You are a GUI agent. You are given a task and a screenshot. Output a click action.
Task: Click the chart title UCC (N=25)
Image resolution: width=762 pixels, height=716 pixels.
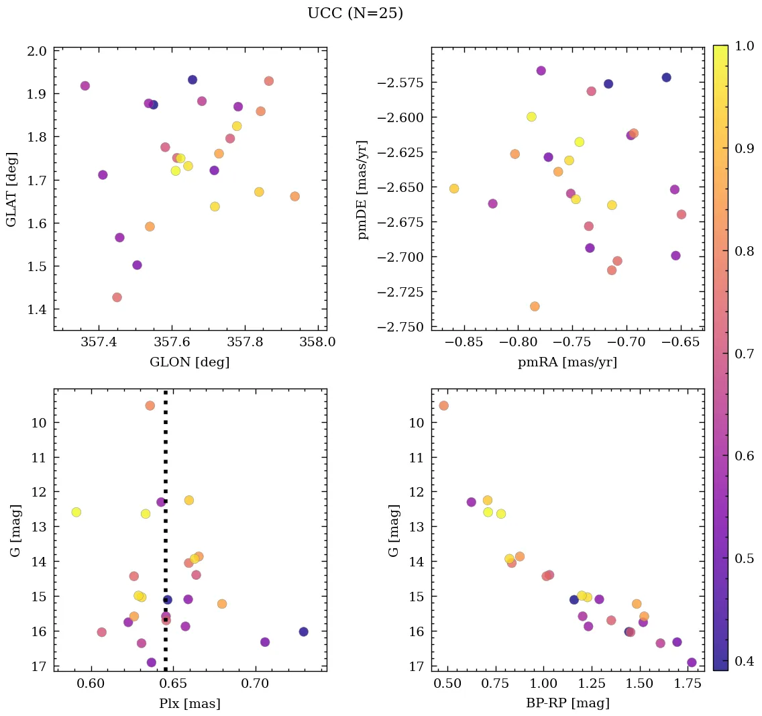point(355,13)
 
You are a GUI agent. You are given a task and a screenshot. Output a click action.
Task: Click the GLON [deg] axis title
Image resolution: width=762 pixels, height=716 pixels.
point(190,362)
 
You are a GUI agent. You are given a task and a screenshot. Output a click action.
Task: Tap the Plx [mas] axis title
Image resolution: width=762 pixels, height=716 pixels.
point(190,704)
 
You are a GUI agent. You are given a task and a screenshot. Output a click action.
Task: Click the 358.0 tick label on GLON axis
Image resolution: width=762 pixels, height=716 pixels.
point(317,343)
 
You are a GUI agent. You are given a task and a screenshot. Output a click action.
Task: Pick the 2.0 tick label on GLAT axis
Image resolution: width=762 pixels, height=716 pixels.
point(38,51)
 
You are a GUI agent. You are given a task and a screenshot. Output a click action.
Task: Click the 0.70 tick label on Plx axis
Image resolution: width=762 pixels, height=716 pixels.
point(256,684)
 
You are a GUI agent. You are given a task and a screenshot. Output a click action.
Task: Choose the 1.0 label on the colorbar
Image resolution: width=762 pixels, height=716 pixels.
point(745,46)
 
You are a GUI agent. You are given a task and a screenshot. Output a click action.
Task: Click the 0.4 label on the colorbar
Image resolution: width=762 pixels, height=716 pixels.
point(745,662)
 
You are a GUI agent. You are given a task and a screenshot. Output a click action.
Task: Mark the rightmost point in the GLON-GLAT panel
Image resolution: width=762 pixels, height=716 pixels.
point(294,197)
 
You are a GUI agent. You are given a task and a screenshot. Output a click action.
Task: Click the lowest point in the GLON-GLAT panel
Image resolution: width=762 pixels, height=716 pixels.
point(117,297)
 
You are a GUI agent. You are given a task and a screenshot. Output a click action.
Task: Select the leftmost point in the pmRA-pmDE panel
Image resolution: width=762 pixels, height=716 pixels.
point(454,189)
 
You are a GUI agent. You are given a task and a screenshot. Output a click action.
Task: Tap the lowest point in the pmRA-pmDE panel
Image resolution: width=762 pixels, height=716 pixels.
point(535,307)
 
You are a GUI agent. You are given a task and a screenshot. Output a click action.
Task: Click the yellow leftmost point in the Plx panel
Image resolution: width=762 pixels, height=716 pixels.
point(76,512)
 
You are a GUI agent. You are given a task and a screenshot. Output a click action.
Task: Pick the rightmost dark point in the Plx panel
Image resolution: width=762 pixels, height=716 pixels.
point(304,631)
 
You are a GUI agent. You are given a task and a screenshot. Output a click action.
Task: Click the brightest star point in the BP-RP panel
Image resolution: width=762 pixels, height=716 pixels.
point(443,405)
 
